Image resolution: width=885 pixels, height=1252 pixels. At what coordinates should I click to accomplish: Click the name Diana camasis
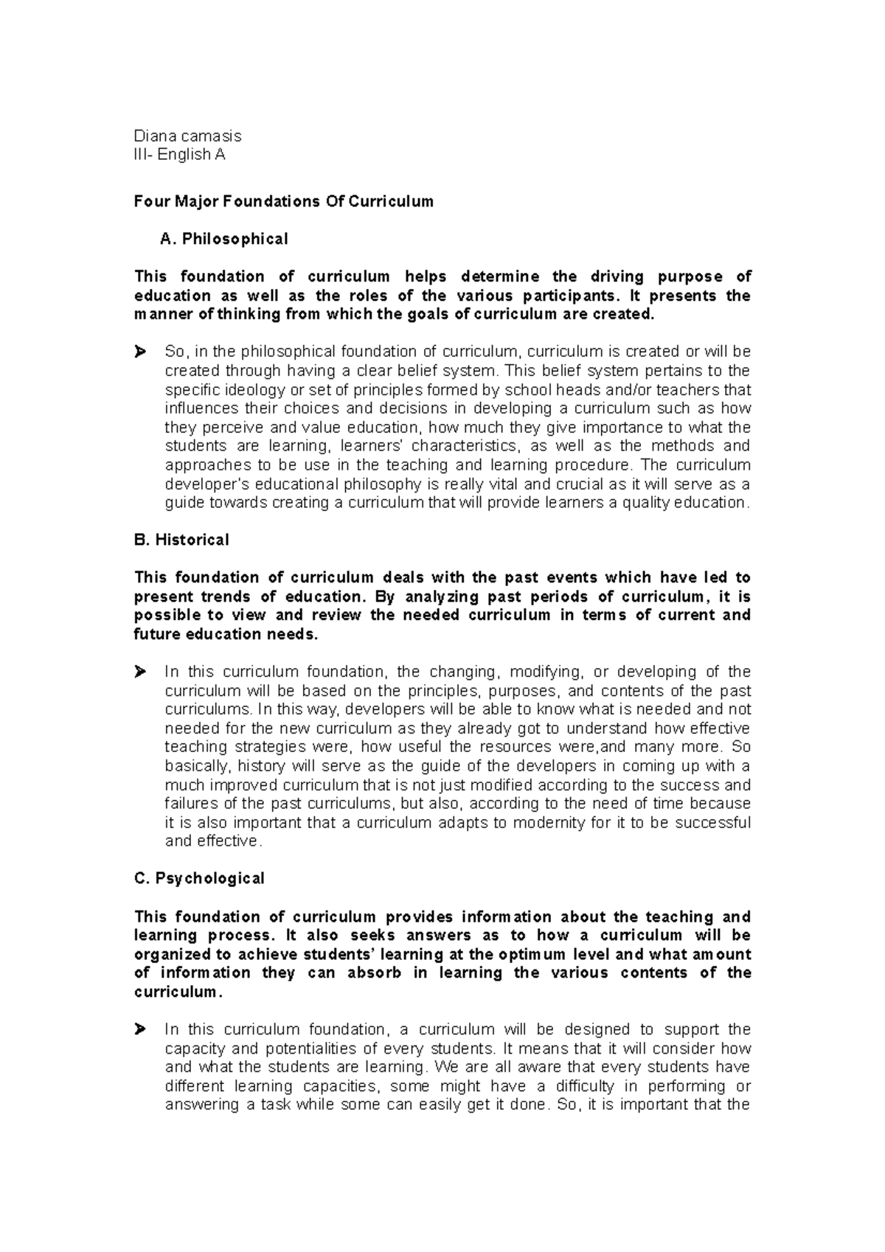click(187, 136)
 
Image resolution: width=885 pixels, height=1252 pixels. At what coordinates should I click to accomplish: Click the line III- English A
click(179, 155)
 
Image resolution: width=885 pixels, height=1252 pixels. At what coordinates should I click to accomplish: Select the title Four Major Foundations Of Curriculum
click(283, 201)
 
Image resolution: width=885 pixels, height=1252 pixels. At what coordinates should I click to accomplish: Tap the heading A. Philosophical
click(223, 239)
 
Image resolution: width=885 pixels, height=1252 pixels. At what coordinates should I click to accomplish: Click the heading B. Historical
click(181, 540)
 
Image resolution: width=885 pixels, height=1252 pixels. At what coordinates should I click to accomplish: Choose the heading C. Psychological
click(198, 878)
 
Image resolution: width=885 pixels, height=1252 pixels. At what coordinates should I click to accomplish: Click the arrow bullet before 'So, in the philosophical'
click(141, 352)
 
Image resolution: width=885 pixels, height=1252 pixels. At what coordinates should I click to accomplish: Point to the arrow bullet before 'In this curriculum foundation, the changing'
click(141, 672)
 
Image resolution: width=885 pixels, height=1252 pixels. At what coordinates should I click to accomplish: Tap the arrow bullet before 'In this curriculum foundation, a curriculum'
click(141, 1029)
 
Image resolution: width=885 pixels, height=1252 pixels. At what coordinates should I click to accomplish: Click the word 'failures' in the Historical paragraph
click(187, 803)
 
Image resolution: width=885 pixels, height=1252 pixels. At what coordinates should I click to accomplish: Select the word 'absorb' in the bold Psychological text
click(375, 973)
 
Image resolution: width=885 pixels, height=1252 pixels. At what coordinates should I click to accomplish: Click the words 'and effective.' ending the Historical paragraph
click(213, 841)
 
